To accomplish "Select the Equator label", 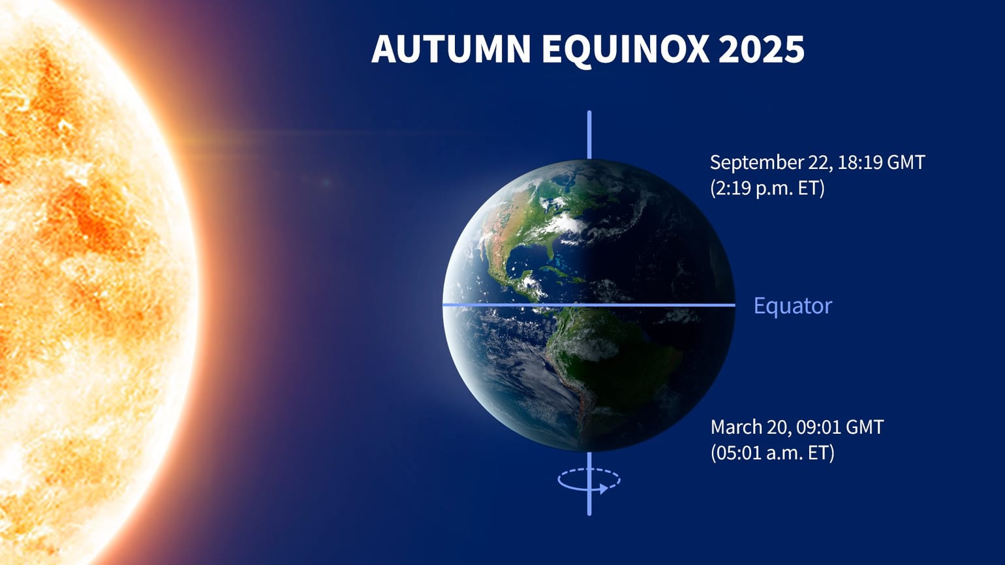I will (792, 305).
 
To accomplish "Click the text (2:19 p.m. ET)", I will (767, 189).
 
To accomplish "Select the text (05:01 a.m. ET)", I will (772, 453).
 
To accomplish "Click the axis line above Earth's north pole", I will (589, 134).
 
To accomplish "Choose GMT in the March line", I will (864, 427).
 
